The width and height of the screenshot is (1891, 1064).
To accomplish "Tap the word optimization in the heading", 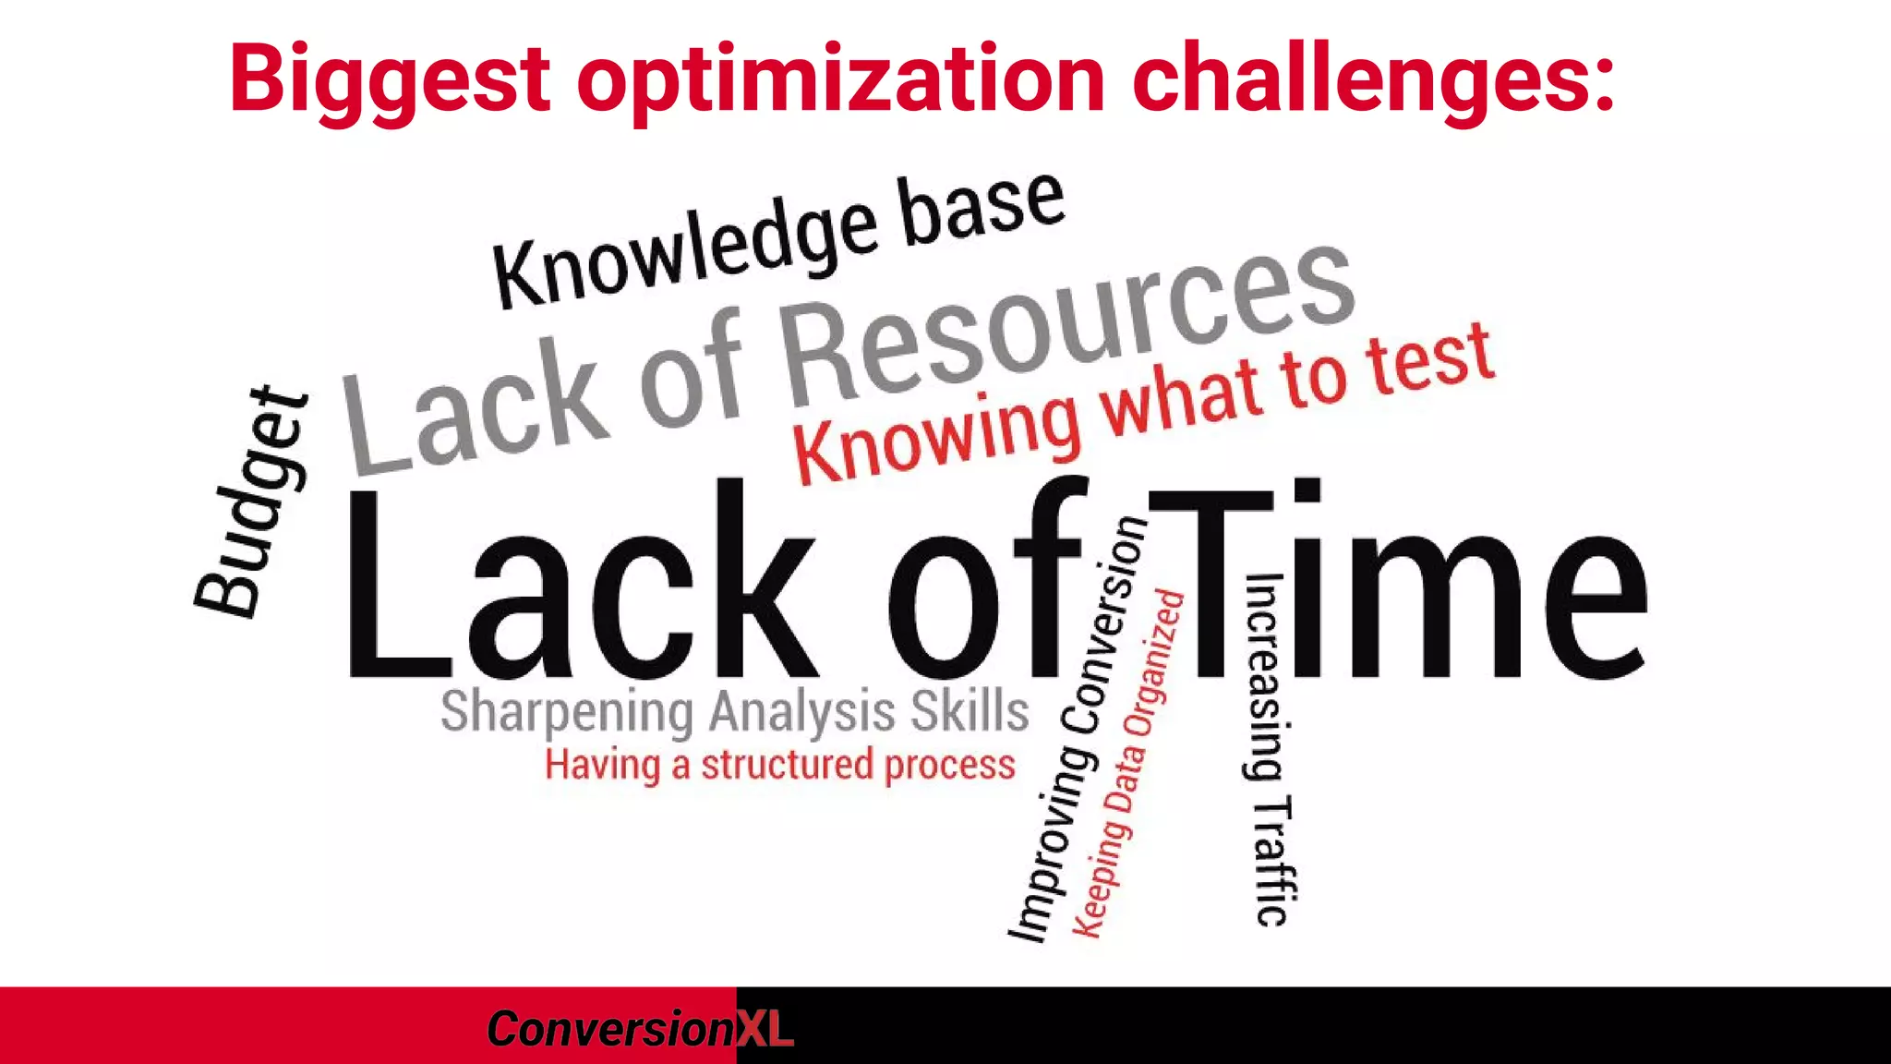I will coord(840,81).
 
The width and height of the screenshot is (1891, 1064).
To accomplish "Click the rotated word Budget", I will coord(251,503).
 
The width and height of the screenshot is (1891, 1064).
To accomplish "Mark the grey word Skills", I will coord(970,711).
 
